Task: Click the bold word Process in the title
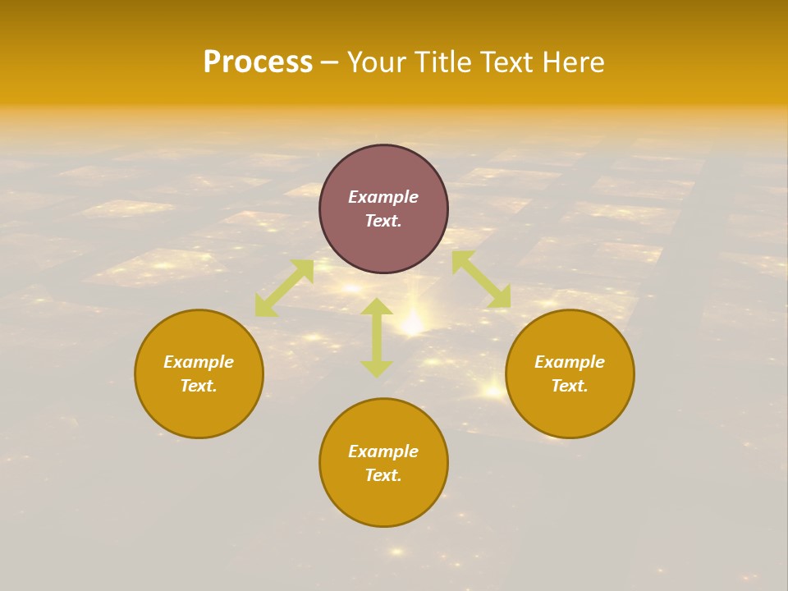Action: tap(258, 62)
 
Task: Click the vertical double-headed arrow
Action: tap(377, 337)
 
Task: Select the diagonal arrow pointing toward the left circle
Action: tap(284, 288)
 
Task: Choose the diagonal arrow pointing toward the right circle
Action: tap(481, 280)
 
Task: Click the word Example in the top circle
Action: tap(383, 197)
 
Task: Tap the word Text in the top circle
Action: tap(383, 221)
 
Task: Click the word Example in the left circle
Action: tap(199, 362)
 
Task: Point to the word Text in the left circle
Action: tap(199, 386)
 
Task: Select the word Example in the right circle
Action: tap(570, 362)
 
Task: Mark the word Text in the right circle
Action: tap(570, 386)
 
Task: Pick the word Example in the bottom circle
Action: tap(383, 451)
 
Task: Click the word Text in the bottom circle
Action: tap(383, 475)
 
